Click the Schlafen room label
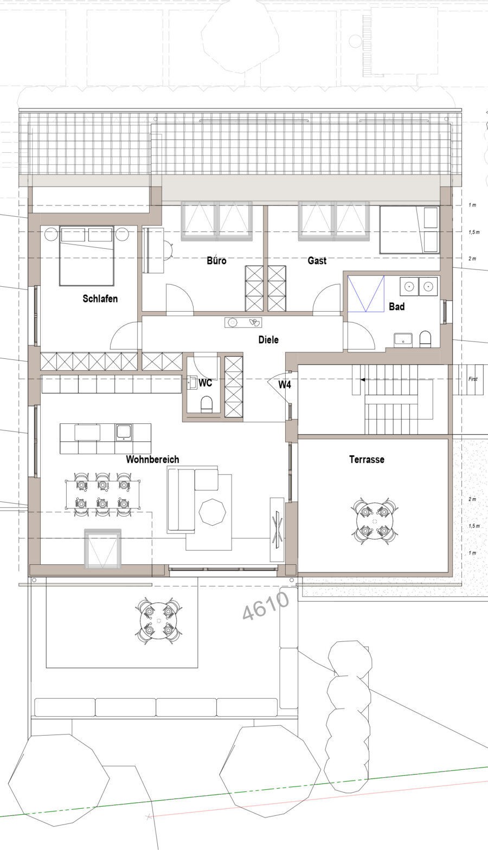[x=100, y=299]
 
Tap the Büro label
[x=217, y=260]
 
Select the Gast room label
[x=317, y=261]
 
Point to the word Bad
[x=397, y=307]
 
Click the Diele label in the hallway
[x=268, y=339]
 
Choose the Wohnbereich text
[x=152, y=460]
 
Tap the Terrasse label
[x=367, y=460]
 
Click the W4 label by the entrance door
[x=285, y=385]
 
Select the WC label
[x=206, y=383]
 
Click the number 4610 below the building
[x=266, y=605]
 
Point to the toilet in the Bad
[x=426, y=339]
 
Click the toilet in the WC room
[x=207, y=404]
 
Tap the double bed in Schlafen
[x=87, y=256]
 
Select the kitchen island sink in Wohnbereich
[x=124, y=432]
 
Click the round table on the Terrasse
[x=375, y=521]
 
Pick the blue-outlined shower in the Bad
[x=366, y=294]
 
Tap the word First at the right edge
[x=473, y=379]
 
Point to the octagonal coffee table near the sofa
[x=213, y=512]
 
